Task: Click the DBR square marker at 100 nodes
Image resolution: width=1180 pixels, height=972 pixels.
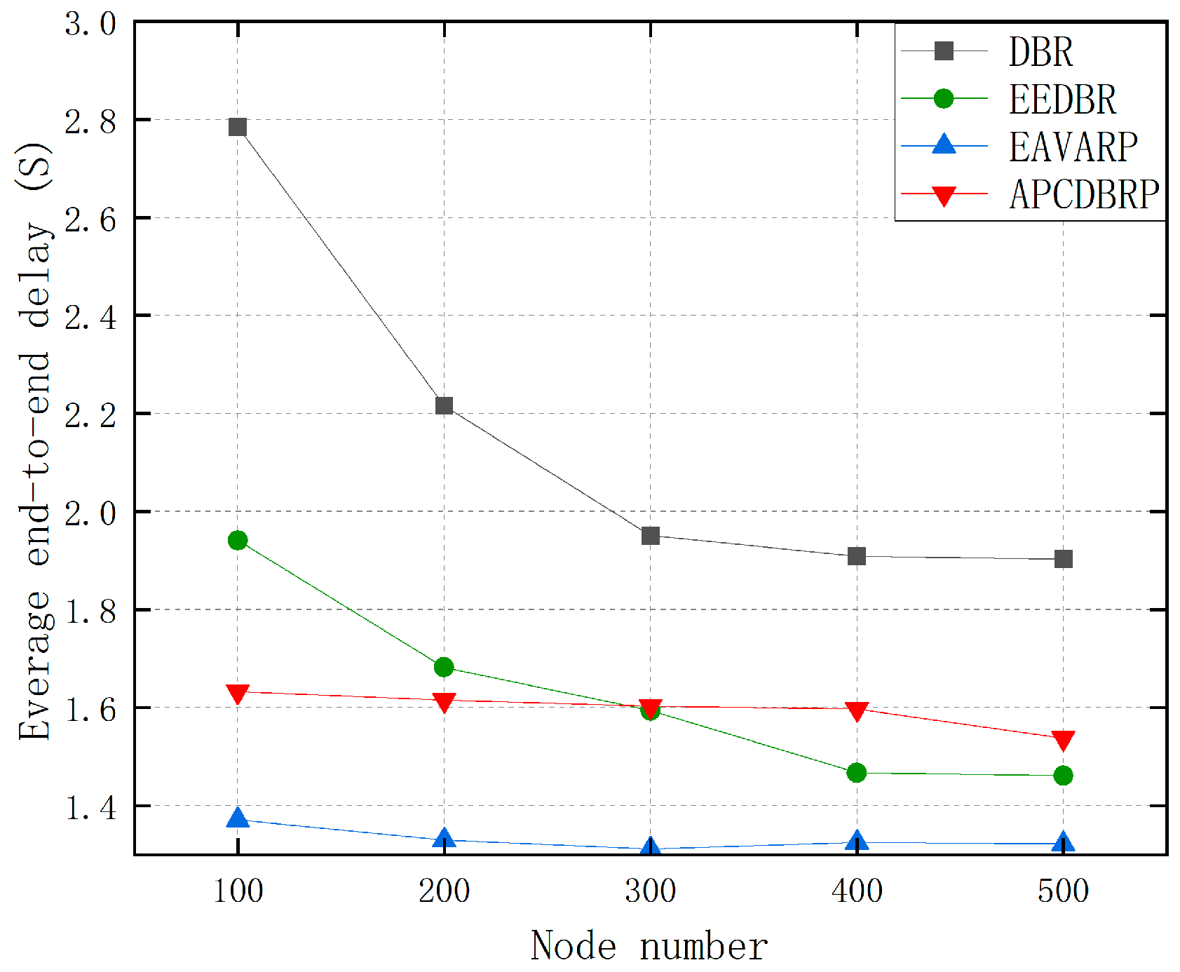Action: tap(238, 127)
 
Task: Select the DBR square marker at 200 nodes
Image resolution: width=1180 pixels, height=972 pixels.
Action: tap(444, 405)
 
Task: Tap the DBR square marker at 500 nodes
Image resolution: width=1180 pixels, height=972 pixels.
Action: tap(1063, 559)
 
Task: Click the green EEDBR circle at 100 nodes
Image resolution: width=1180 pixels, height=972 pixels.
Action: tap(238, 540)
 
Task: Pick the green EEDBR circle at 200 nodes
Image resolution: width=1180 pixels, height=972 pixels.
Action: tap(444, 667)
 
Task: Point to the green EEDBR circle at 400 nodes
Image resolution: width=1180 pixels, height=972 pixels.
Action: tap(856, 773)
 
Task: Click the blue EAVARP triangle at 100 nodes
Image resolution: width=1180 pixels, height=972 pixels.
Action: tap(238, 818)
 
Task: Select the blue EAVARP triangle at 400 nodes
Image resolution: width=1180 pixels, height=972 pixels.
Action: tap(856, 841)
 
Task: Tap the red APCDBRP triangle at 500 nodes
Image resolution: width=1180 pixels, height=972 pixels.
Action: tap(1063, 740)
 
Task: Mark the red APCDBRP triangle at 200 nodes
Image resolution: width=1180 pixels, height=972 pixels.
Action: tap(444, 702)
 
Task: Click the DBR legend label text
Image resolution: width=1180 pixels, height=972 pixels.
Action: tap(1040, 52)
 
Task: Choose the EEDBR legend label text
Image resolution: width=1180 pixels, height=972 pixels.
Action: tap(1062, 100)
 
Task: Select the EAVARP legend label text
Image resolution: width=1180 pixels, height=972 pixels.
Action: tap(1073, 147)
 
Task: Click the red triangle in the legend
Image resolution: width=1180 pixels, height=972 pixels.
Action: tap(944, 195)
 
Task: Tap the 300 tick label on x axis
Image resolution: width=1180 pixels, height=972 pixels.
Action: tap(650, 891)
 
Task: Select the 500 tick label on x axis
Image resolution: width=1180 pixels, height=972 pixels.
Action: tap(1063, 891)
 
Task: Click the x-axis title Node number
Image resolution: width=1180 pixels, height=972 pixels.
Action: tap(649, 946)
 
